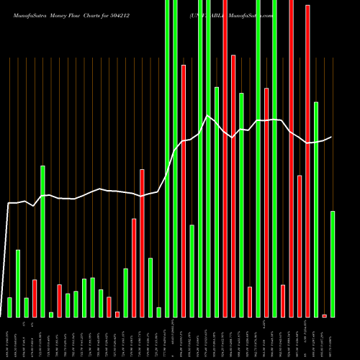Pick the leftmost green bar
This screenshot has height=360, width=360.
coord(9,307)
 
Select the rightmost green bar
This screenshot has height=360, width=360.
coord(333,264)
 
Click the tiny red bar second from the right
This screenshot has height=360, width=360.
coord(324,315)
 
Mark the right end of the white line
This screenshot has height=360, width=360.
coord(331,137)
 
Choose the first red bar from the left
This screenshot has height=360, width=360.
coord(35,298)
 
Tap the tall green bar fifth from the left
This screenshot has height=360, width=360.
coord(42,241)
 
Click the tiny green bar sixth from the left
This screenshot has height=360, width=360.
coord(51,314)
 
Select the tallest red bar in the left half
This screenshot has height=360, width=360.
coord(142,243)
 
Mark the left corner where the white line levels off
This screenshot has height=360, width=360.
coord(9,204)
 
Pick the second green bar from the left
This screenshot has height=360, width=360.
coord(18,283)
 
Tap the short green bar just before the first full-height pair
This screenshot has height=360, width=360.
coord(158,312)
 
